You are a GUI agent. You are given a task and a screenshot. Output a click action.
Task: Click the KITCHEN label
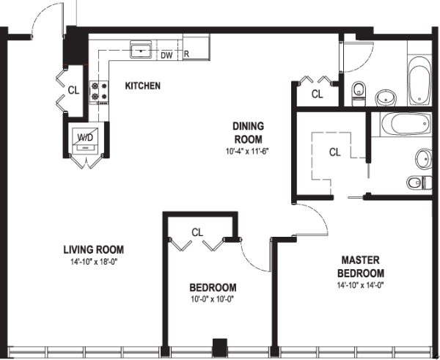point(142,86)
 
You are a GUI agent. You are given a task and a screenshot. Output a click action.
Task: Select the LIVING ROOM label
point(92,254)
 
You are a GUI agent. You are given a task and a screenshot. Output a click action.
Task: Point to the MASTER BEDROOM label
point(361,267)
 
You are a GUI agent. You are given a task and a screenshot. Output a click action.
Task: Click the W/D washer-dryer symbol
point(86,139)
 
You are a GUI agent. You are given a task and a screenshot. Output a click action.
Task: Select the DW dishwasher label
point(166,54)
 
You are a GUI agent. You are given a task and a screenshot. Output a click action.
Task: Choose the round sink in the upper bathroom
point(384,97)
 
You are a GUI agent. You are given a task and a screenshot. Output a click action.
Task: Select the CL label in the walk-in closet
point(334,153)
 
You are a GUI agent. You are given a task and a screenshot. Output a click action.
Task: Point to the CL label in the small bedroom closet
point(197,232)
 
